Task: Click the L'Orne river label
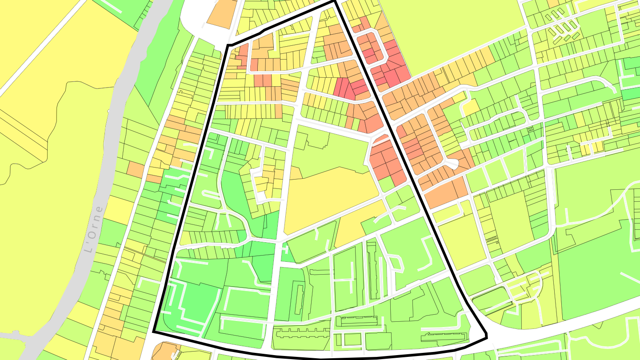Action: pos(94,230)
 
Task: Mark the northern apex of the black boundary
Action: pos(334,2)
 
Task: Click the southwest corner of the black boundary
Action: pos(154,331)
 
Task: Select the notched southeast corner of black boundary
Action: pos(486,334)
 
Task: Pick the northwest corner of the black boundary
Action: pos(228,45)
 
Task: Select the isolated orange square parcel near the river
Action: pos(136,169)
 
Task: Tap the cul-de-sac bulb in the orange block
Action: pos(454,164)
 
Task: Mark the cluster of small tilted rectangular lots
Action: pos(562,29)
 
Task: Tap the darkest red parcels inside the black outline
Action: pos(344,87)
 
